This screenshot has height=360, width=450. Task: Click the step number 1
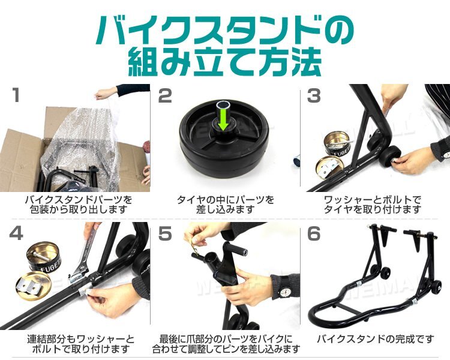coord(16,95)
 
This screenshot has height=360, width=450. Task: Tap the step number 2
coord(165,95)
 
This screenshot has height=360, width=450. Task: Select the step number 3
coord(314,95)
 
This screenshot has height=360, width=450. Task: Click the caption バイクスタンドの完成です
coord(375,339)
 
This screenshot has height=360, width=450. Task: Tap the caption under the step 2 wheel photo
coord(225,204)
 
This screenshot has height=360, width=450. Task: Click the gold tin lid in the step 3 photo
coord(330,170)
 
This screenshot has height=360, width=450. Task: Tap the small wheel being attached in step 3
coord(390,157)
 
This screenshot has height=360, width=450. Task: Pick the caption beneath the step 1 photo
coord(79,204)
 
